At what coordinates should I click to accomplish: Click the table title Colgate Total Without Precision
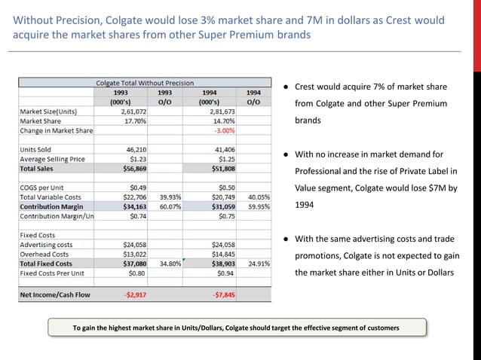click(x=145, y=83)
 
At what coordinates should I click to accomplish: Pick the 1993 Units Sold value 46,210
click(x=133, y=150)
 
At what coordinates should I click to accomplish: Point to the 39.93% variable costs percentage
click(x=170, y=197)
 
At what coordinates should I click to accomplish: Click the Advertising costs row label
click(x=47, y=245)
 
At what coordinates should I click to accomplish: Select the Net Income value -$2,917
click(x=133, y=294)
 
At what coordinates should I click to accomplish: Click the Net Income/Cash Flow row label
click(x=55, y=294)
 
